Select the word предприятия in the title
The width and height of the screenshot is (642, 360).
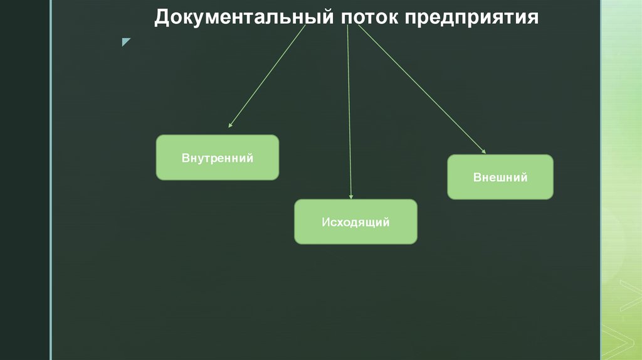[x=471, y=17]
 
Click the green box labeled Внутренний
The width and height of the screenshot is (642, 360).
[x=217, y=157]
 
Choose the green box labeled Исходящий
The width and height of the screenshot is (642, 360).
[x=355, y=221]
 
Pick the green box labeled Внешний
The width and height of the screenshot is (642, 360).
[x=500, y=177]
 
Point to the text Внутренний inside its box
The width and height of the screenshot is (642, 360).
[x=217, y=158]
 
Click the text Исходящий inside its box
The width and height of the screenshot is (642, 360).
[x=355, y=222]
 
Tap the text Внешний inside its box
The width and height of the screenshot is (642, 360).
[x=500, y=177]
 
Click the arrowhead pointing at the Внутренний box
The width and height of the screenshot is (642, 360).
[x=230, y=125]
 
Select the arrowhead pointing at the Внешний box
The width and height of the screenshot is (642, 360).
[x=483, y=151]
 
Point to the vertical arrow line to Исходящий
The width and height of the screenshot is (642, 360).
[x=349, y=113]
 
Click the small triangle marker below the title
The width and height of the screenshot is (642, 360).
[x=126, y=42]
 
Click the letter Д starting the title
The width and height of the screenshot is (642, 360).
[x=162, y=18]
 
